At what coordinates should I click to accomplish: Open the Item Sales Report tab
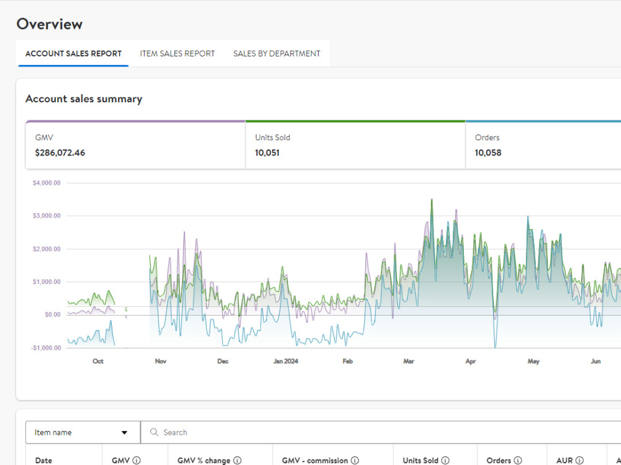177,53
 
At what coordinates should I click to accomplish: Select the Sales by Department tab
276,53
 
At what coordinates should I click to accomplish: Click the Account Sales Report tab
73,53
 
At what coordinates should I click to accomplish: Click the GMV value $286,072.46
60,153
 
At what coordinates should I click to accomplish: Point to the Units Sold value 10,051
267,153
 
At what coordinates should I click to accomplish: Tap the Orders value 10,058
488,153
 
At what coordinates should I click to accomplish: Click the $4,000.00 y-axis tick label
47,183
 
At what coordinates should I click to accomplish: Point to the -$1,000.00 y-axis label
46,348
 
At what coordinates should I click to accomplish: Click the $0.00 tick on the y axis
53,314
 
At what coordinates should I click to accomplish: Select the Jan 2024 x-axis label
286,361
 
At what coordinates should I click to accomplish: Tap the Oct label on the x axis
98,361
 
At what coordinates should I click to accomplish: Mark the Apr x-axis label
471,361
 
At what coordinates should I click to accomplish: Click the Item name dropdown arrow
124,433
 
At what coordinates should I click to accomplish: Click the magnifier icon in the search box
154,432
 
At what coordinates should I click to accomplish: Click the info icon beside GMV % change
237,460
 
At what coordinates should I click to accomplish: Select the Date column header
43,460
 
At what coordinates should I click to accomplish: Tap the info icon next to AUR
579,460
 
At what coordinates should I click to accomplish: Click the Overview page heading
50,24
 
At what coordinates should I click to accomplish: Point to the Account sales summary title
84,99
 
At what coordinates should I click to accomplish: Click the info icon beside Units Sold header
445,460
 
